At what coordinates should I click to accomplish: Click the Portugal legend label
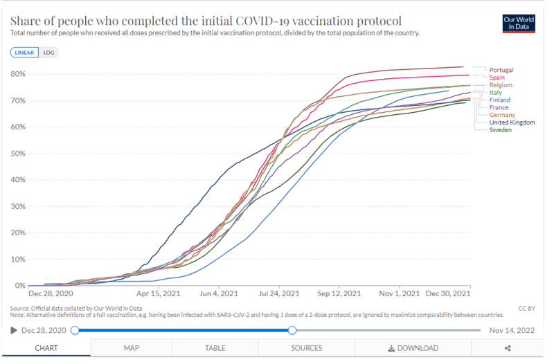[x=501, y=70]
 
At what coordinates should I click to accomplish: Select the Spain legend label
[x=497, y=78]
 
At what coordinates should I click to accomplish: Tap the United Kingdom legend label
[x=512, y=122]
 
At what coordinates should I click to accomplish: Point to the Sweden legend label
[x=500, y=130]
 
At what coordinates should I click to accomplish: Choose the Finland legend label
[x=499, y=100]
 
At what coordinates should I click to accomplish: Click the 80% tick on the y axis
[x=18, y=74]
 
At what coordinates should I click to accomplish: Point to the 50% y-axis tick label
[x=18, y=154]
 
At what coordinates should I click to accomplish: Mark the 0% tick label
[x=20, y=285]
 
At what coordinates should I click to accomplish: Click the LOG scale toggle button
[x=48, y=52]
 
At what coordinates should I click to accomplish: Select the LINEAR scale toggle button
[x=25, y=52]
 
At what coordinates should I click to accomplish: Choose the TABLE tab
[x=215, y=348]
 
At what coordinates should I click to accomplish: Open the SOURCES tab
[x=306, y=348]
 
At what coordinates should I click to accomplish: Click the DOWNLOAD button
[x=413, y=348]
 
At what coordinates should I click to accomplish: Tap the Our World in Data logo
[x=519, y=23]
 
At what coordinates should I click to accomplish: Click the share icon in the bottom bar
[x=508, y=348]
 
